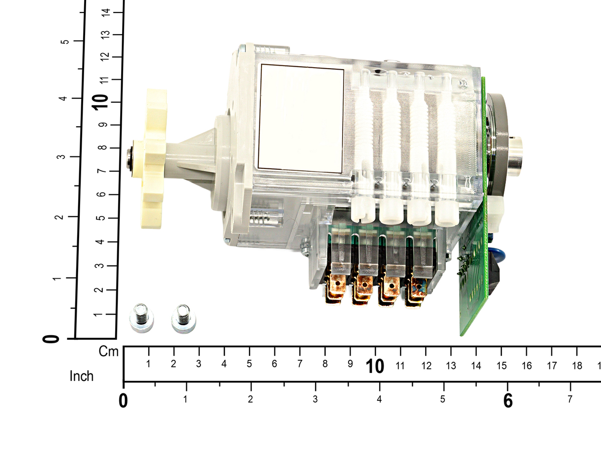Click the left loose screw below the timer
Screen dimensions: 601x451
(141, 318)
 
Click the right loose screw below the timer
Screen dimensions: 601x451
(183, 319)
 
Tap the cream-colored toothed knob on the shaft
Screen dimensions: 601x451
(152, 159)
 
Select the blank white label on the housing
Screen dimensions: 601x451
(300, 119)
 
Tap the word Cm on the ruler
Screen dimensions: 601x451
(108, 352)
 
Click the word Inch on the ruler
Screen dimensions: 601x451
(82, 376)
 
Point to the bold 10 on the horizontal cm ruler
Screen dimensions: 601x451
(375, 366)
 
